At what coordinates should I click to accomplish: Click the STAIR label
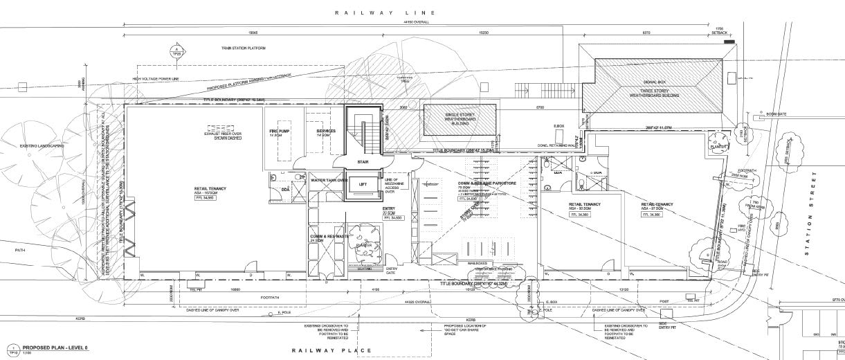click(x=363, y=163)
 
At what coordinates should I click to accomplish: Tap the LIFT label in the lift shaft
click(x=363, y=184)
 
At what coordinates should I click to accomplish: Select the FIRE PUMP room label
click(x=278, y=130)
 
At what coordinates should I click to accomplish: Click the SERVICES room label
click(x=326, y=130)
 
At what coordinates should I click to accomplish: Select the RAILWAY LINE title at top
click(x=385, y=13)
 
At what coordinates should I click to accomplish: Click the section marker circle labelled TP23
click(x=175, y=51)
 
